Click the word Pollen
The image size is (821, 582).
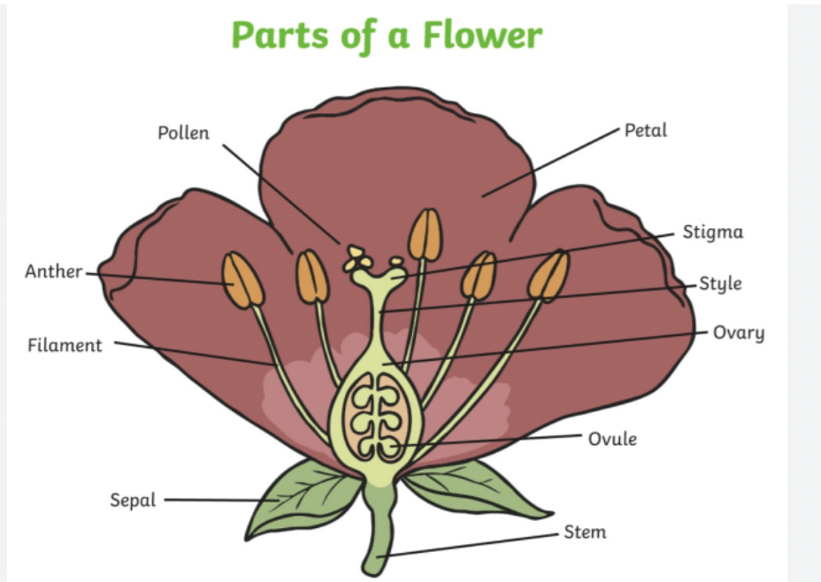point(184,134)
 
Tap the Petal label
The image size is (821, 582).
point(646,130)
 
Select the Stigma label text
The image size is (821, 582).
point(712,233)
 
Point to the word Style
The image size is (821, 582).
point(720,284)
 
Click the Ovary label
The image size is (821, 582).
point(739,333)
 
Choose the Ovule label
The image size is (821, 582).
point(612,438)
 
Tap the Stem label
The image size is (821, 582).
point(585,532)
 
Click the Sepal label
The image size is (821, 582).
point(133,501)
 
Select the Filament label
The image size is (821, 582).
point(65,345)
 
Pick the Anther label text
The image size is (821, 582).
point(54,272)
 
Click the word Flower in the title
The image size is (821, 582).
point(481,35)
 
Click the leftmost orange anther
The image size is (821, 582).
point(242,280)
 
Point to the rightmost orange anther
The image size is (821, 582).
point(549,275)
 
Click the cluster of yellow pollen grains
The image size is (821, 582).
point(358,258)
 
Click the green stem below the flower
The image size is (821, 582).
point(378,531)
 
